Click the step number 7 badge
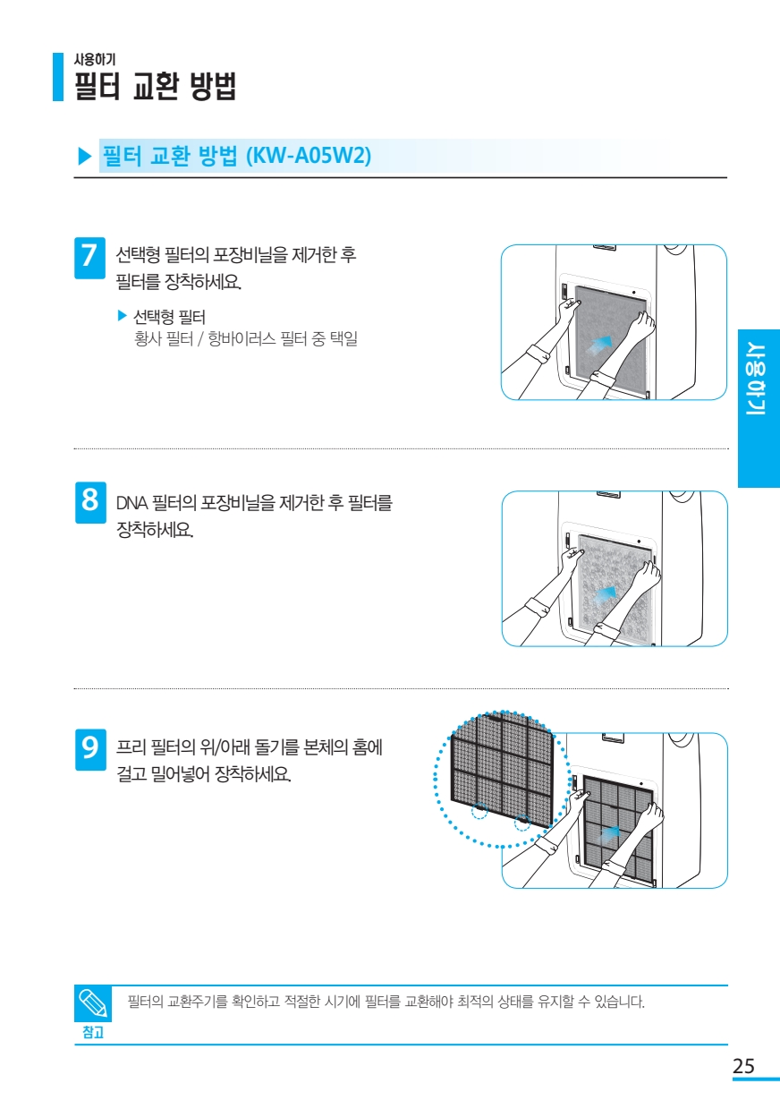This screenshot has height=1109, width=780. point(89,258)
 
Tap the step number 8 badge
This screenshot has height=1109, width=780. point(90,502)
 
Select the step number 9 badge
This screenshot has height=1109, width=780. point(90,749)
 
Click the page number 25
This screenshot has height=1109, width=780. point(743,1065)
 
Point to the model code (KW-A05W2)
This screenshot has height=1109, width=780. point(309,156)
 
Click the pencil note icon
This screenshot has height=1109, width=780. point(93,1003)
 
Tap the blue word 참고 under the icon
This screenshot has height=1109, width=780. point(93,1032)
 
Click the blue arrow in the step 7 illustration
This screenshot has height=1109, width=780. point(598,344)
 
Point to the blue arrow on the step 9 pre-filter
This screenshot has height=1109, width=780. point(610,835)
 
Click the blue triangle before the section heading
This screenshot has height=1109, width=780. point(85,157)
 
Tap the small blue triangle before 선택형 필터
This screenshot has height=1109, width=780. point(123,315)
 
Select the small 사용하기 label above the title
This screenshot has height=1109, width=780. point(95,59)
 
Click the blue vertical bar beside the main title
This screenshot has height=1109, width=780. point(58,77)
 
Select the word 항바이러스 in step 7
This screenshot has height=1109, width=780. point(242,339)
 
